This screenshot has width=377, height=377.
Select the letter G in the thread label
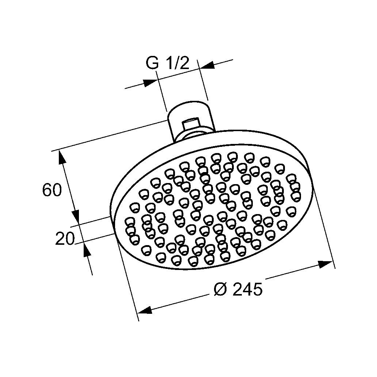tap(152, 64)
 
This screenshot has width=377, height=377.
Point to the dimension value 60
tap(52, 190)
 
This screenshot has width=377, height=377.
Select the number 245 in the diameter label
tap(247, 290)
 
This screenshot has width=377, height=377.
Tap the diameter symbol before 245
tap(220, 290)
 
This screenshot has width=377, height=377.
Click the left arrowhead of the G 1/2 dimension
tap(149, 83)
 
